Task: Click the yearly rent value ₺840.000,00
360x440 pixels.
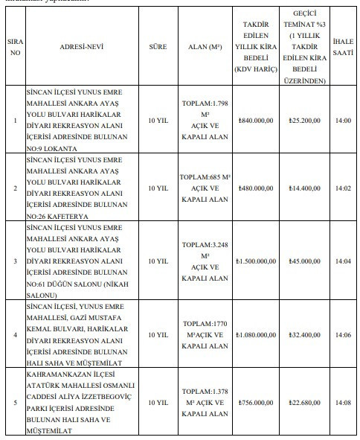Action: tap(255, 119)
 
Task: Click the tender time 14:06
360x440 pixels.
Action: tap(343, 335)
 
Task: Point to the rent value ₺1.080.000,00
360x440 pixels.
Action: tap(255, 335)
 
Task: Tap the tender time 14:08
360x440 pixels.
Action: tap(343, 403)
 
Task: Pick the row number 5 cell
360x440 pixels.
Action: tap(14, 403)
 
